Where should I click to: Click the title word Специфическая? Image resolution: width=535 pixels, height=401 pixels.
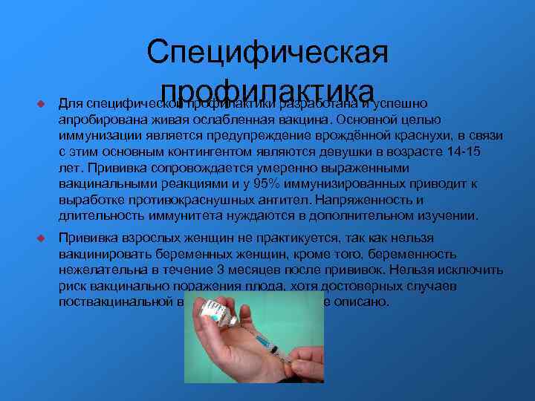tap(267, 53)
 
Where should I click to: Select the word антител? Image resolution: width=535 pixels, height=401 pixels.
tap(288, 200)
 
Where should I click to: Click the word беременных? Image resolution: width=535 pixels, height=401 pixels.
tap(184, 255)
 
